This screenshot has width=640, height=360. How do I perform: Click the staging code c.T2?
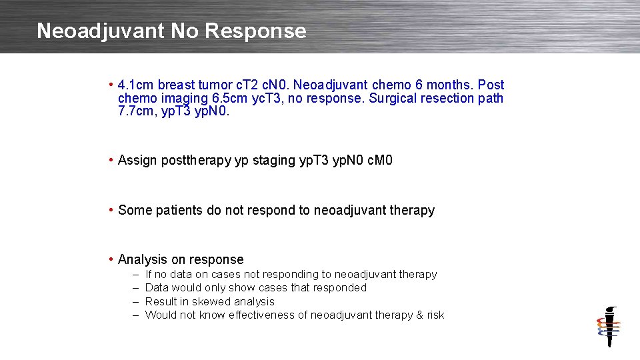tap(232, 85)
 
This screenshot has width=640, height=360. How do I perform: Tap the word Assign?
tap(137, 160)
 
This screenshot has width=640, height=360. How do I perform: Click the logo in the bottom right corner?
tap(608, 327)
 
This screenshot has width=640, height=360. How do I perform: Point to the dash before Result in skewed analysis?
tap(135, 301)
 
